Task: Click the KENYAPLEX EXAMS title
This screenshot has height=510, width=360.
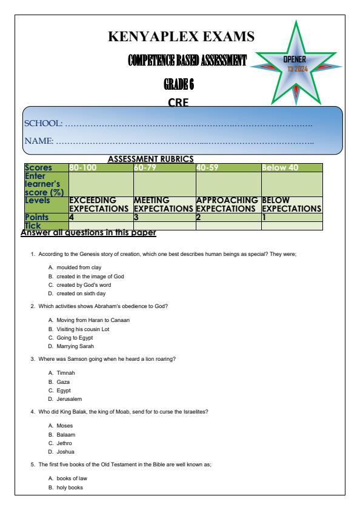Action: [181, 36]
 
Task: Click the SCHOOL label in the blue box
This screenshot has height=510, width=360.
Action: [43, 124]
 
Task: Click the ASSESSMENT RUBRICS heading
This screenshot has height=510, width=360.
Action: [150, 158]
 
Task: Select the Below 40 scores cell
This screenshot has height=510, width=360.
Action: [282, 167]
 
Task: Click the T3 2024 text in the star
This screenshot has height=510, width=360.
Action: [297, 69]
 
